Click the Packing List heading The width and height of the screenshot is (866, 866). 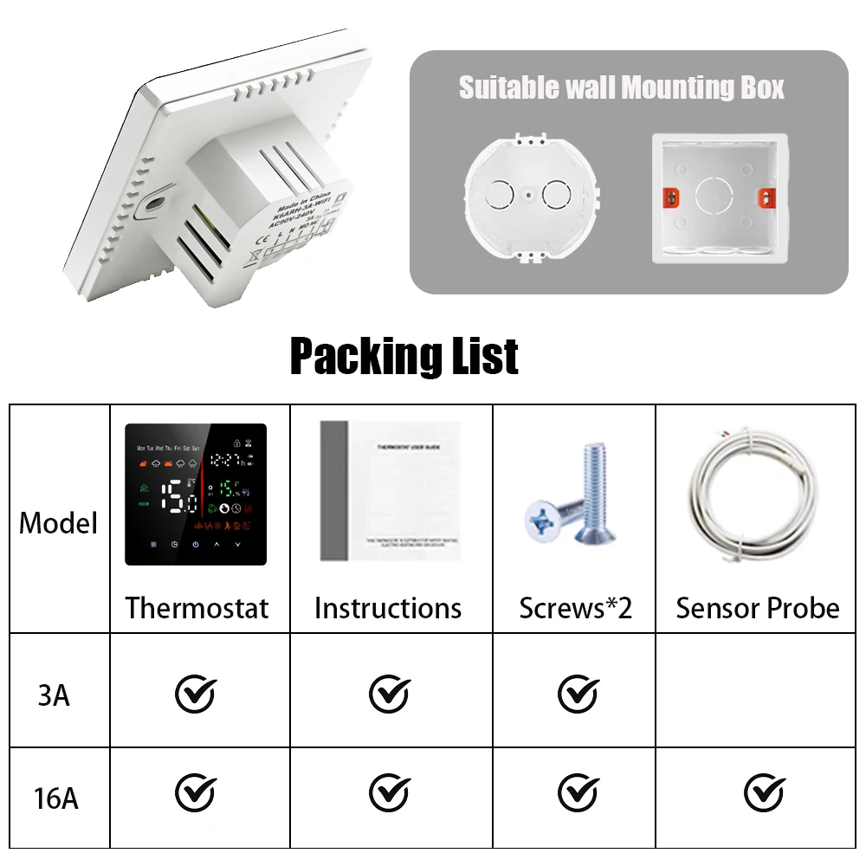click(404, 356)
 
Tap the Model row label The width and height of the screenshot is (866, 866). click(59, 523)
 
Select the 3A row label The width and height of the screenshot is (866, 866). click(54, 695)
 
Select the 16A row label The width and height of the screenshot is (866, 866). click(57, 797)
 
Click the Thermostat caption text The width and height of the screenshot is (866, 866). click(197, 608)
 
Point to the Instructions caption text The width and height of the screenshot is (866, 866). click(388, 608)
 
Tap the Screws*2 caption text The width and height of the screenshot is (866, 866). click(576, 608)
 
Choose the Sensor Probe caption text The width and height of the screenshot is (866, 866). click(758, 608)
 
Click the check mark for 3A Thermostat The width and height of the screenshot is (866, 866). click(196, 693)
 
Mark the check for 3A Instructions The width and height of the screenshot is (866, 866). click(389, 693)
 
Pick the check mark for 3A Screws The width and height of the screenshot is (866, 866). click(578, 693)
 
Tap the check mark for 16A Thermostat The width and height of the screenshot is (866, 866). click(196, 792)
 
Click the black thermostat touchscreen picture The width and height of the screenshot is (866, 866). click(196, 494)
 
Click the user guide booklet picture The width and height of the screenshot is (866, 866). click(390, 490)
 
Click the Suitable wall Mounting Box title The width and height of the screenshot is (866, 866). click(622, 87)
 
